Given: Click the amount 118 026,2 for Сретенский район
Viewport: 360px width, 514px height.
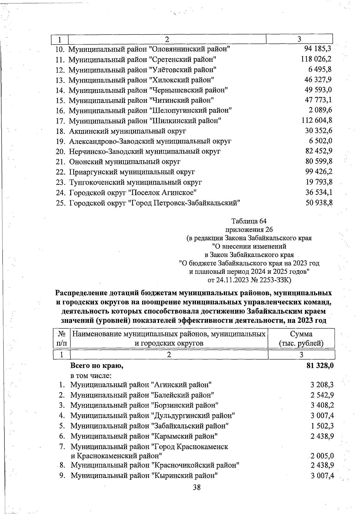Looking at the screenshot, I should pyautogui.click(x=316, y=59).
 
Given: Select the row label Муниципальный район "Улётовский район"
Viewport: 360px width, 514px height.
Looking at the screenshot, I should pyautogui.click(x=142, y=70).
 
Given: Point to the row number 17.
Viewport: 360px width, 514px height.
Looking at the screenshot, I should pyautogui.click(x=61, y=121).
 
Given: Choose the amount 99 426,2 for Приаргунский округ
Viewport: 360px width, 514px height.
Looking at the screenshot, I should pyautogui.click(x=319, y=172).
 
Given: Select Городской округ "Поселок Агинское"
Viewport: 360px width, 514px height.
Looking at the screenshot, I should pyautogui.click(x=133, y=192).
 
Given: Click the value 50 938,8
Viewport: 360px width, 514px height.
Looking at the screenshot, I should pyautogui.click(x=319, y=203).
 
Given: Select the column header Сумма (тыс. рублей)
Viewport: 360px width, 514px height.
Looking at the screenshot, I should pyautogui.click(x=301, y=338).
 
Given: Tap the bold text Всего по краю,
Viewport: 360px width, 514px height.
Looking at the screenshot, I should pyautogui.click(x=97, y=366).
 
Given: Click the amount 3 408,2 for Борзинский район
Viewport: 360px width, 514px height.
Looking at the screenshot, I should pyautogui.click(x=322, y=405).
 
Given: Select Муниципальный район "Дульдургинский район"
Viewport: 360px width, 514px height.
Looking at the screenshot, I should pyautogui.click(x=152, y=416).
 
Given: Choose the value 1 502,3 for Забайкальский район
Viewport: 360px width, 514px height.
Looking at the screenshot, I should pyautogui.click(x=322, y=426).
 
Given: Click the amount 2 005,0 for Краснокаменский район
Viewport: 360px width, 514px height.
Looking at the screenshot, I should pyautogui.click(x=322, y=456).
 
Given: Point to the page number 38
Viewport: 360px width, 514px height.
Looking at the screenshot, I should pyautogui.click(x=196, y=487).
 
